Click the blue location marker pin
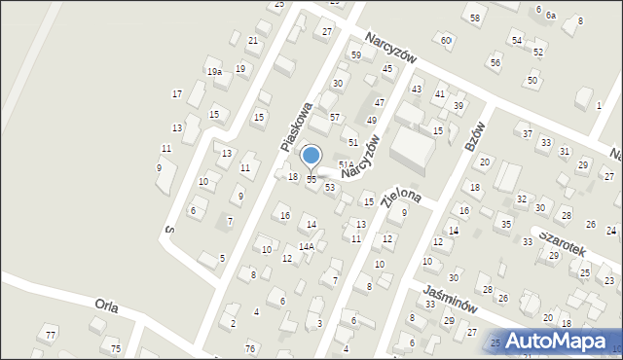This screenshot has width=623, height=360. pos(311,157)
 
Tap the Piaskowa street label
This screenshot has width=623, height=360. pos(296,126)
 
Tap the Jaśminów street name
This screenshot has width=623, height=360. pos(449,298)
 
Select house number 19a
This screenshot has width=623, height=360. pos(214,71)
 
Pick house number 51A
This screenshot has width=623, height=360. pos(346,164)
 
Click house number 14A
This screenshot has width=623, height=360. pos(306,246)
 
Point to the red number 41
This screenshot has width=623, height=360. pos(441,94)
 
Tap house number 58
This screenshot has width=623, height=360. pos(475,18)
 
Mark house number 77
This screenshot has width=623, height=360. pos(52,336)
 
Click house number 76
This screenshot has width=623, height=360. pos(250,348)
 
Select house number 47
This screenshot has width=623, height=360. pos(380,102)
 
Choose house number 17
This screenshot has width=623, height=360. pos(177,93)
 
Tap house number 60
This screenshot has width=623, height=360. pos(446,40)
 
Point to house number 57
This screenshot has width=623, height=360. pos(335,117)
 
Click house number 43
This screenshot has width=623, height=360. pos(417,90)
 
